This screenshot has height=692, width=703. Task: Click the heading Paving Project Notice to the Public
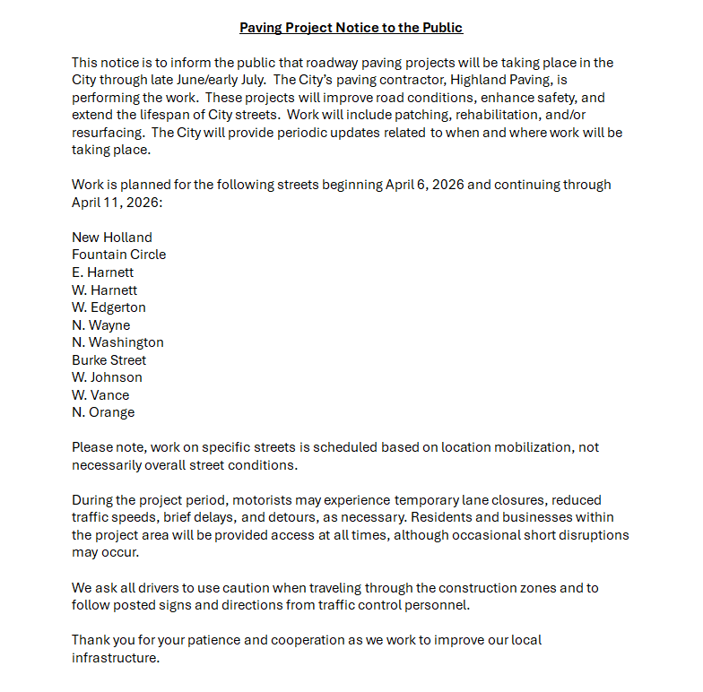coord(351,28)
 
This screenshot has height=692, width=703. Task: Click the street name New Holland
coord(112,238)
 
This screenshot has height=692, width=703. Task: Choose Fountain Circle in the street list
coord(118,255)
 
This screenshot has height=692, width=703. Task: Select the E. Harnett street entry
coord(102,272)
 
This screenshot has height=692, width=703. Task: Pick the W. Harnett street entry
coord(104,290)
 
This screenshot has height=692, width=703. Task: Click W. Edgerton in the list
coord(108,307)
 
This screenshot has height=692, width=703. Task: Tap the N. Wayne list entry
coord(100,325)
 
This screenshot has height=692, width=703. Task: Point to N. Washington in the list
coord(117,342)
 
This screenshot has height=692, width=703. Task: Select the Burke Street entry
coord(108,360)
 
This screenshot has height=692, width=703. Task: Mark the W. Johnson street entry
coord(107,377)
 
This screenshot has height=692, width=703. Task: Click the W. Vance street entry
coord(100,395)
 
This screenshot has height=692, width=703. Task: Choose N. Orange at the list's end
coord(103,412)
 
